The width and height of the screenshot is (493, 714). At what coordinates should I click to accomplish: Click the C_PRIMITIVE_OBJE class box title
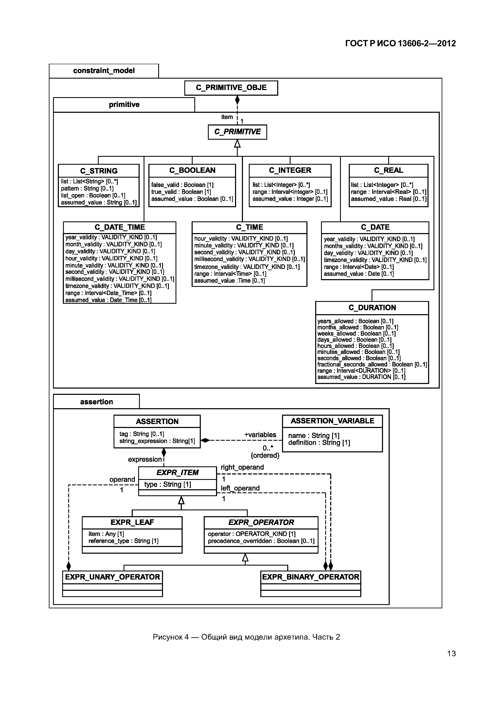[231, 88]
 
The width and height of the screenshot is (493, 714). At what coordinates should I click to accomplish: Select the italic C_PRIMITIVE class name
[237, 132]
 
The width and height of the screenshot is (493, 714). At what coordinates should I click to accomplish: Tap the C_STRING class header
[99, 171]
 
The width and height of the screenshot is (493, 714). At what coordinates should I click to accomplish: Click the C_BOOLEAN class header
[192, 170]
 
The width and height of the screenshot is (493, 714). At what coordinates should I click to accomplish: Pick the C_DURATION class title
[372, 308]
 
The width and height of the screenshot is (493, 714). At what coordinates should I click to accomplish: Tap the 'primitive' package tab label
[124, 105]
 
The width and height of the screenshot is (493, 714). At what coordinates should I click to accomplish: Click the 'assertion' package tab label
[96, 402]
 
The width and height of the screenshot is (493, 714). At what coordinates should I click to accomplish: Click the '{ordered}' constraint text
[265, 456]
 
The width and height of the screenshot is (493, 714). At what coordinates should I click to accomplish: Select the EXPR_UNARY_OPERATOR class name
[113, 577]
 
